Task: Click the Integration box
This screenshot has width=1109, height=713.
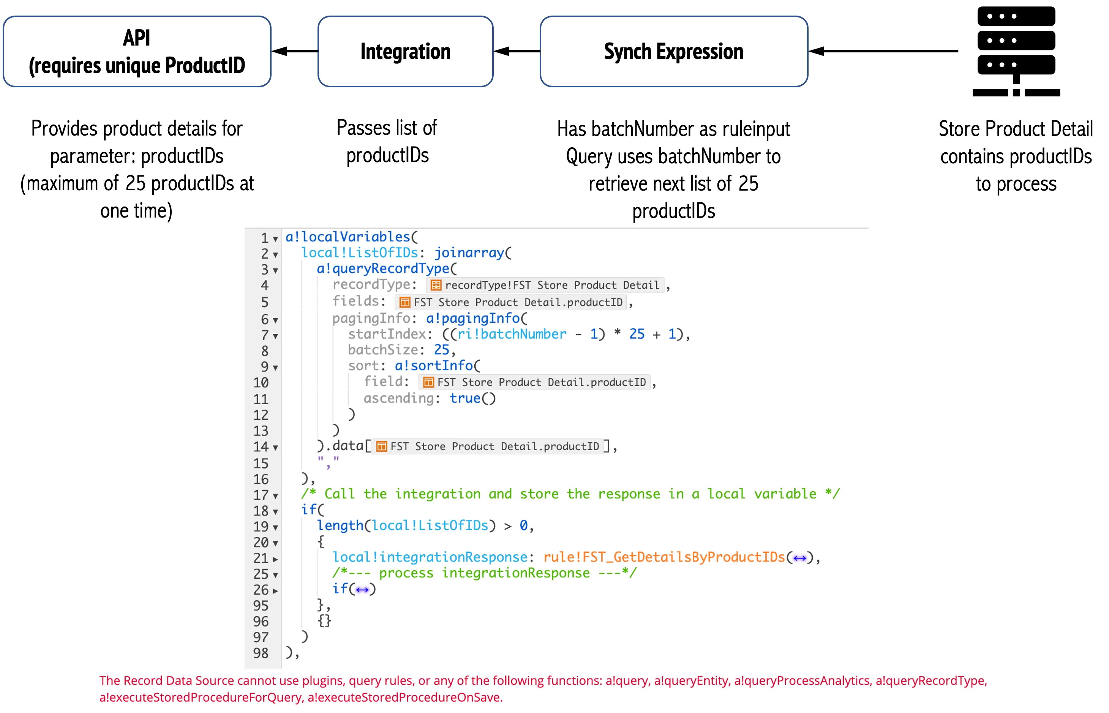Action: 405,51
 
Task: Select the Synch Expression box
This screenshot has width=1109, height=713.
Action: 674,51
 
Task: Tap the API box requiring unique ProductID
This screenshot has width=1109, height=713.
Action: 137,51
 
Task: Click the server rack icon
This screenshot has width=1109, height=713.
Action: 1016,51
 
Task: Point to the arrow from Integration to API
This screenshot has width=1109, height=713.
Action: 294,51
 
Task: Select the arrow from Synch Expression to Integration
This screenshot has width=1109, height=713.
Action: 517,51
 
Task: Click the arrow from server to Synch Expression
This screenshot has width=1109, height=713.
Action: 883,51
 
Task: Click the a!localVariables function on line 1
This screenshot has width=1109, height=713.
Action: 347,237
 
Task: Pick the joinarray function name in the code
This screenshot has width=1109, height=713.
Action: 469,253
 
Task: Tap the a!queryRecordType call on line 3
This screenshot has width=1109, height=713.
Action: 383,268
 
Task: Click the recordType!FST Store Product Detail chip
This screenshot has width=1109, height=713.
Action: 545,285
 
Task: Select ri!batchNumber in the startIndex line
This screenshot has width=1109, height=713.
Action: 512,334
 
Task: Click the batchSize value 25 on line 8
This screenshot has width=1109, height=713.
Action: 441,350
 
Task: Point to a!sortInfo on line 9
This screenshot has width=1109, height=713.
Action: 433,366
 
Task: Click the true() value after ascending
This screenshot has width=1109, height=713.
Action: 472,398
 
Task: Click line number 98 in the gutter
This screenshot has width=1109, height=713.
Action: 261,653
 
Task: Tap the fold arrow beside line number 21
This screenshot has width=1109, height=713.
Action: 275,559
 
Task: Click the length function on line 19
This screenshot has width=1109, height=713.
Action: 340,525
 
